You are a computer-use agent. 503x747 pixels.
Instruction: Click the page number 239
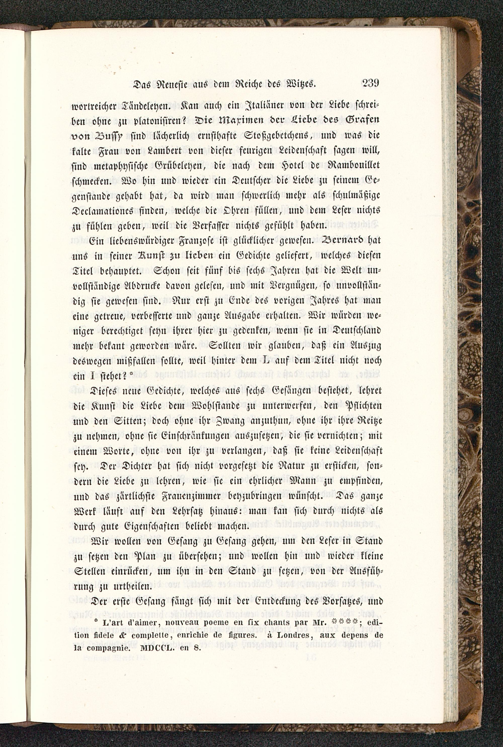click(370, 84)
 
